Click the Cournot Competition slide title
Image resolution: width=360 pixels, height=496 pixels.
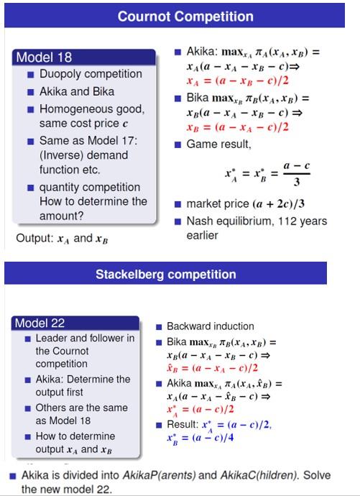185,16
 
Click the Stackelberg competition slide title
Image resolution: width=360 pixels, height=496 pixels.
165,274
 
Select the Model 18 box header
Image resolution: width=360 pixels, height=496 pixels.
45,58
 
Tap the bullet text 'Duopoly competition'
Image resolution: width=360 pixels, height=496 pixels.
91,74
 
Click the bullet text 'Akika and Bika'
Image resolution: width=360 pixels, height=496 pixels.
77,91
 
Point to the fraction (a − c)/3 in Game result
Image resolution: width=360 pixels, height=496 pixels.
296,173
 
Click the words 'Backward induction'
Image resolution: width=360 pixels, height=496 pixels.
211,326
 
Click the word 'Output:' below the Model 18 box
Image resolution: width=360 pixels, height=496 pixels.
34,238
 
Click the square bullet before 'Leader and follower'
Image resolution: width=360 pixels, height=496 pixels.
27,338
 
